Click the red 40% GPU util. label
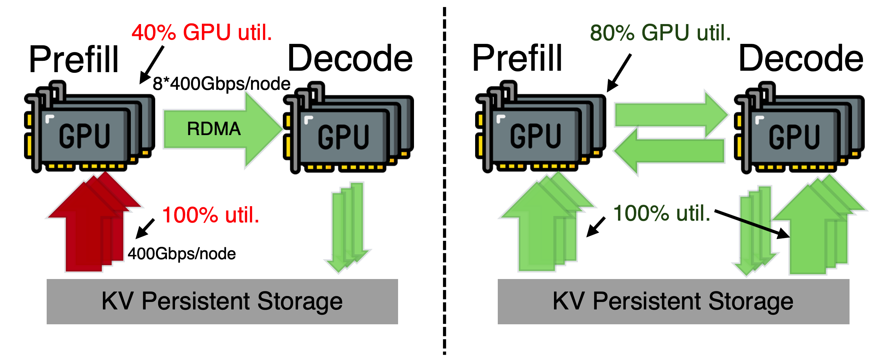coord(202,33)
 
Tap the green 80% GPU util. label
coord(660,33)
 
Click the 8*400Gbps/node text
coord(221,84)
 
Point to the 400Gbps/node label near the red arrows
coord(182,254)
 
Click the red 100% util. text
coord(211,215)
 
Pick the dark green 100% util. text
coord(661,213)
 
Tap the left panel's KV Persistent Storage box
coord(222,301)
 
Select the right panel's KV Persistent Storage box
coord(673,301)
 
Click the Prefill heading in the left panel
coord(74,59)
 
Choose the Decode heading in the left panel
coord(350,58)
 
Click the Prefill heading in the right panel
coord(517,58)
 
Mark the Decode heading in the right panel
coord(801,58)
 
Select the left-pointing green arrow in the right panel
coord(670,151)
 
